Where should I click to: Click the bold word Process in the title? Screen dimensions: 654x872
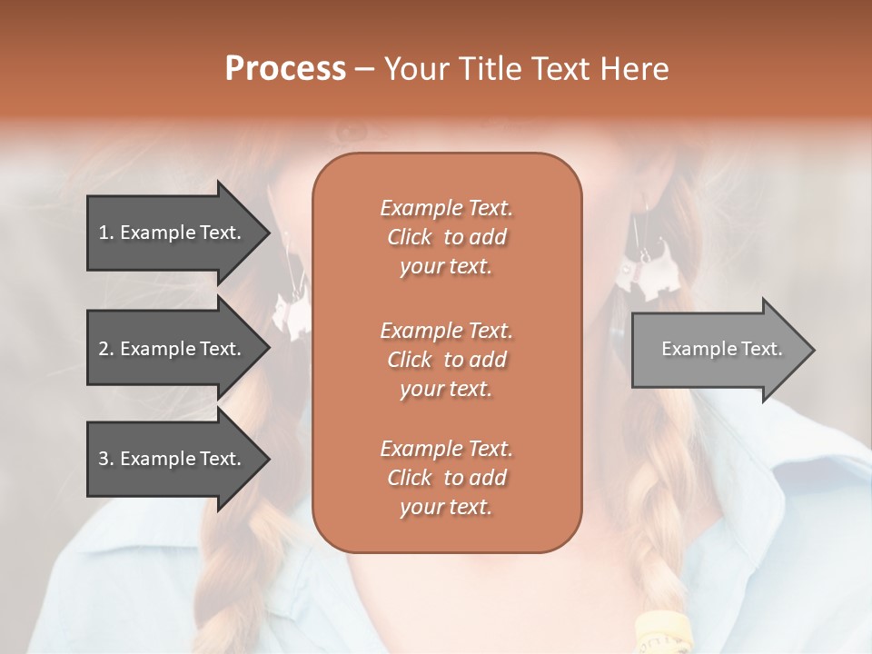[x=285, y=69]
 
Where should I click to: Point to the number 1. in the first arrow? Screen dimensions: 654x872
[x=106, y=233]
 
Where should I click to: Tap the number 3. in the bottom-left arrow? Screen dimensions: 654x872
[x=106, y=459]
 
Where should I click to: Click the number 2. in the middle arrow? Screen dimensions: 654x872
[x=106, y=349]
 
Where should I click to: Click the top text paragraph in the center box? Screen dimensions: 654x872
[x=446, y=237]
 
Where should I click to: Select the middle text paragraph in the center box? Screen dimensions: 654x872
[x=446, y=359]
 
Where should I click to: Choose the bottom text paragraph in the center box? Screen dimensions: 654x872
[x=446, y=478]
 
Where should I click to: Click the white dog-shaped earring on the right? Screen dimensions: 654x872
[x=649, y=268]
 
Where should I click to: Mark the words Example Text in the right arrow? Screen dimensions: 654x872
[x=721, y=349]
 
